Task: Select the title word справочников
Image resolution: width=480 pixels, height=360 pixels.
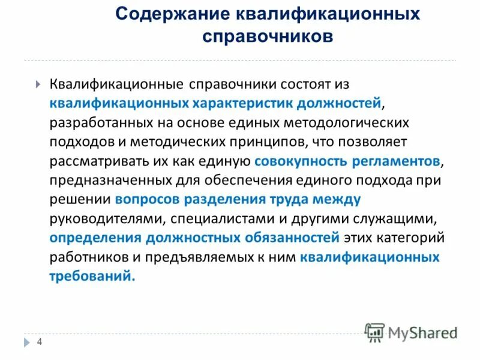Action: click(x=267, y=37)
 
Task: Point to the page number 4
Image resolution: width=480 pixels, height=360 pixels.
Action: click(x=40, y=342)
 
